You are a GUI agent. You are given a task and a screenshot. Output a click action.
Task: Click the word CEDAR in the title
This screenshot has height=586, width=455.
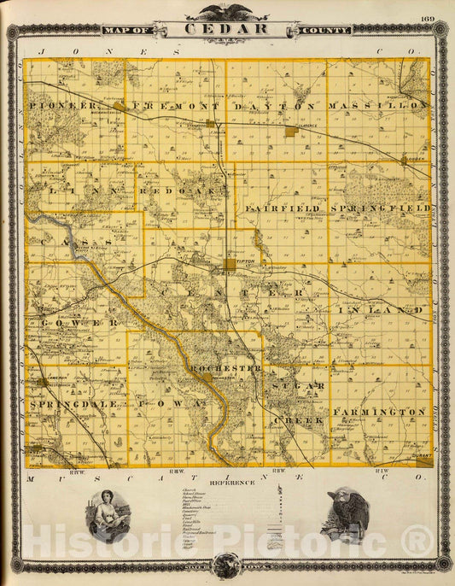tap(227, 29)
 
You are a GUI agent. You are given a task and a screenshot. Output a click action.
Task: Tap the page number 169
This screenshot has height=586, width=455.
tap(427, 19)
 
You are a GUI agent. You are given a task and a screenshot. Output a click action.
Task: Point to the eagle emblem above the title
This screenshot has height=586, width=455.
tap(227, 12)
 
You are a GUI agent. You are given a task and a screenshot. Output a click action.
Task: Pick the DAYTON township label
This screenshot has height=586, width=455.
tap(280, 104)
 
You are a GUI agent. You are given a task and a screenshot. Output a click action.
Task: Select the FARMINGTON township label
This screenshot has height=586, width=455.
tap(380, 412)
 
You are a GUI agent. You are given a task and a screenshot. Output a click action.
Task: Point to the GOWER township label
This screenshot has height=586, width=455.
tap(76, 323)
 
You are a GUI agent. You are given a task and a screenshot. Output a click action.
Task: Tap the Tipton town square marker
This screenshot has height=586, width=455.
tap(230, 266)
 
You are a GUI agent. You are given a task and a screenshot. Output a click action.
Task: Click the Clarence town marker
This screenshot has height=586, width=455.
tap(291, 132)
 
